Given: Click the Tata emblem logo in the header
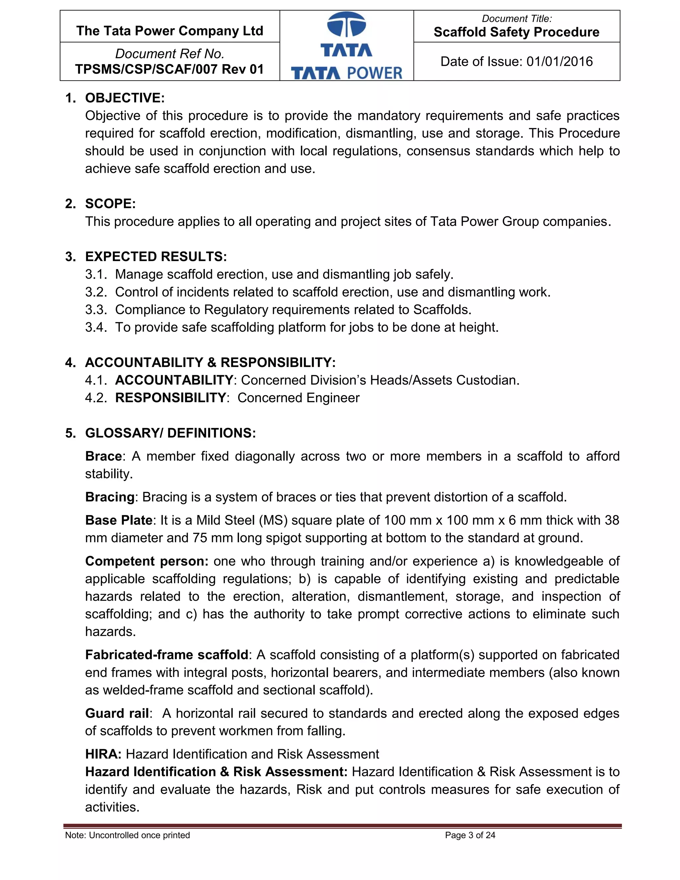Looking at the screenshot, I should pos(346,25).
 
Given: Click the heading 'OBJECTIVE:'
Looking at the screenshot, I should pos(125,98).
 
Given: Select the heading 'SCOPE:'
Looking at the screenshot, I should pos(110,204).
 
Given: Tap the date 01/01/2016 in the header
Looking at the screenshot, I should pos(559,62).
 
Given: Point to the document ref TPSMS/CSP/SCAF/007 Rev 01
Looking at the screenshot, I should pos(169,69).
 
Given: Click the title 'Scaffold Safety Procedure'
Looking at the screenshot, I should pos(516,32).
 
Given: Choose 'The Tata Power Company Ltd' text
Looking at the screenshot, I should pos(170,31).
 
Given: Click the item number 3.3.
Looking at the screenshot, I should pos(96,309).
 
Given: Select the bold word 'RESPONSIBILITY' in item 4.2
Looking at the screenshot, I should pos(170,398).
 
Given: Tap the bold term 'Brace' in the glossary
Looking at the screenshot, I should pos(104,456).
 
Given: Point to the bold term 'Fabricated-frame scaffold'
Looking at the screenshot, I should pos(167,655).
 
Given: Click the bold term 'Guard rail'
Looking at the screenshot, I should pos(117,713).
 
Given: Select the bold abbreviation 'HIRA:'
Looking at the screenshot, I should pos(103,754).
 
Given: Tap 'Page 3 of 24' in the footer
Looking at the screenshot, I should pos(470,835).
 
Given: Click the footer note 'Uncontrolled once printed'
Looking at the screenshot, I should pos(139,835).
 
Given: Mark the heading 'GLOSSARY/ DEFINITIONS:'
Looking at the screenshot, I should pos(170,433).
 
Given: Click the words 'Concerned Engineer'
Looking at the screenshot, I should pos(298,398).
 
